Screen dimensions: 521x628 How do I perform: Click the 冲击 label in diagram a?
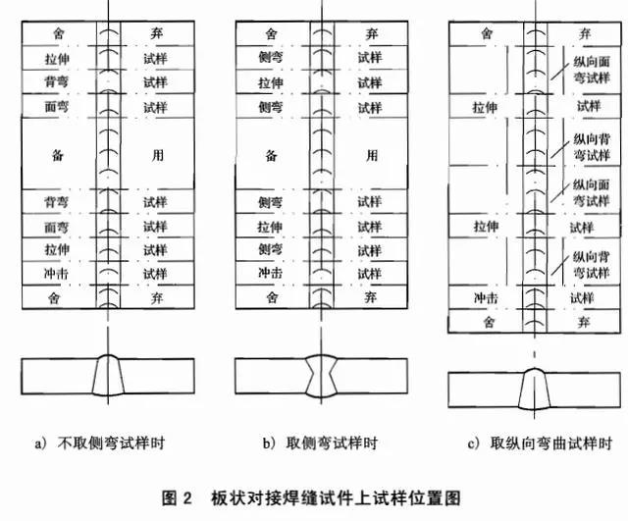pos(55,272)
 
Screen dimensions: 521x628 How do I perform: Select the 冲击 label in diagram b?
pos(270,272)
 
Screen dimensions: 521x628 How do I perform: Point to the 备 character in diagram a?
pos(55,155)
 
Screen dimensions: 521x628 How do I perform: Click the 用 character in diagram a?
pos(156,155)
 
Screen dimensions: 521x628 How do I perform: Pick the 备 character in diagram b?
pos(270,155)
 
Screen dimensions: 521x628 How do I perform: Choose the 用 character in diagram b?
pos(370,155)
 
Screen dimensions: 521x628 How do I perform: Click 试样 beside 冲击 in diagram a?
pos(156,272)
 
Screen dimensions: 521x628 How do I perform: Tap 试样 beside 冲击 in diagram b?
pos(370,272)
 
